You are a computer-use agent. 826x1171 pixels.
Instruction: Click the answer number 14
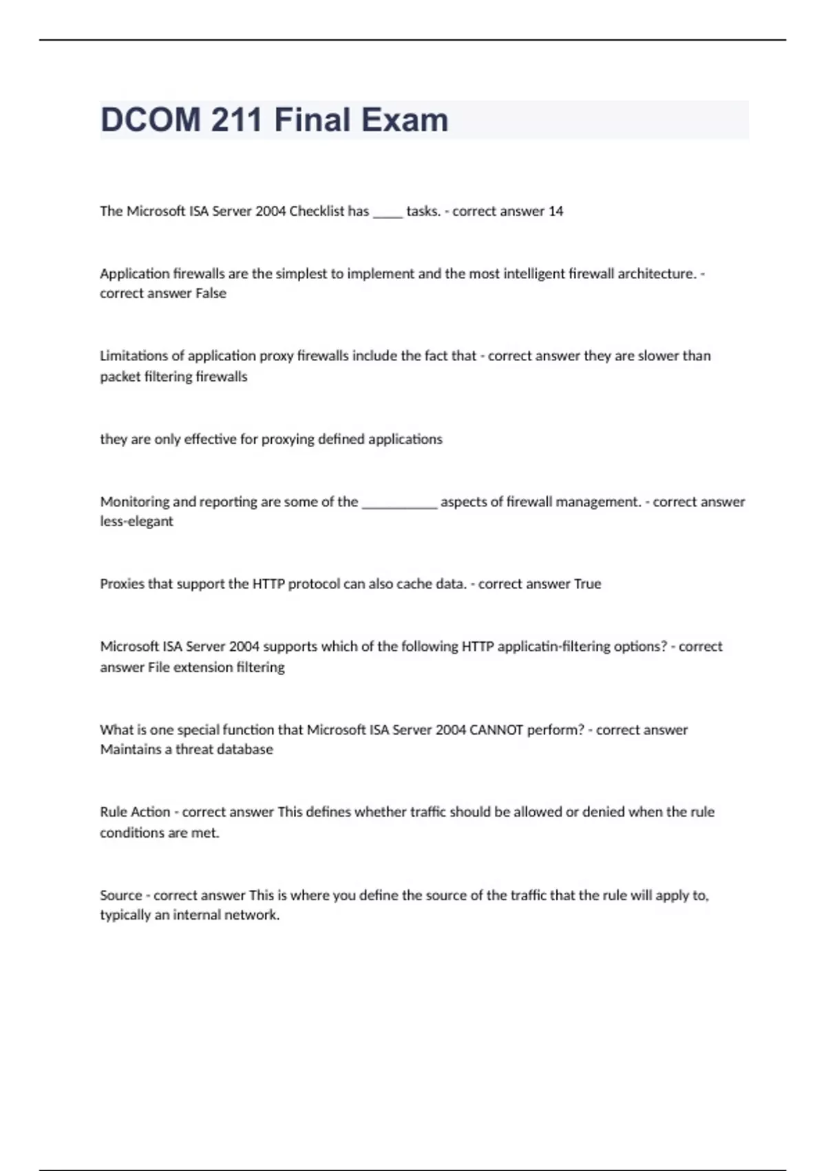pos(555,211)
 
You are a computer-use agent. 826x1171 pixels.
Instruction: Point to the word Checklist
pos(317,211)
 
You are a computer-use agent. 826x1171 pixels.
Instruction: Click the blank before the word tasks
pos(388,214)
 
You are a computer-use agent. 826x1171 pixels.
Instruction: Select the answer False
pos(211,293)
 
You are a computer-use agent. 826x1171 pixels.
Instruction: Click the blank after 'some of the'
pos(399,504)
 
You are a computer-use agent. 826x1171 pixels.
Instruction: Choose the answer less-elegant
pos(136,521)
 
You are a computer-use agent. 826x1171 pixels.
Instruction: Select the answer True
pos(587,584)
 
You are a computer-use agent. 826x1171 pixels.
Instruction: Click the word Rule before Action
pos(114,812)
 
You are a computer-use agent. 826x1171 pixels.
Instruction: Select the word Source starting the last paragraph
pos(120,895)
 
